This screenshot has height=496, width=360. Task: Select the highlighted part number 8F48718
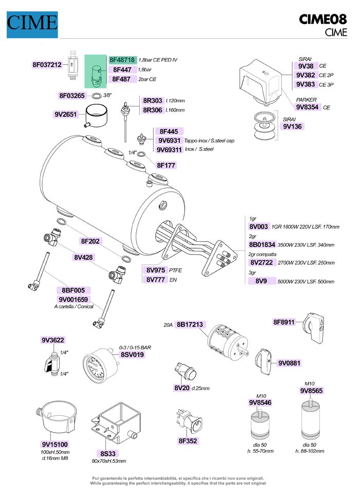122,60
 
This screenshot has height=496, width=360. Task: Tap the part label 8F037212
47,65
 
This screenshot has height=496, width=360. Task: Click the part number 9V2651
65,115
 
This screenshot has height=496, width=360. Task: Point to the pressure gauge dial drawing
97,366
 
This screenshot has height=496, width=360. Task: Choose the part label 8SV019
132,354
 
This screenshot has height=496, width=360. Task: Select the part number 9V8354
308,107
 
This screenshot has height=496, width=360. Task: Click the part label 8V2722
262,262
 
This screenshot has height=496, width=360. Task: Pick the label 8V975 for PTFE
155,270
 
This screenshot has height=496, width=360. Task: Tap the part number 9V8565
311,391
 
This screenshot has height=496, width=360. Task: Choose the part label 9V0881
289,363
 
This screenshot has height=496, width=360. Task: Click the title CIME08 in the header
323,20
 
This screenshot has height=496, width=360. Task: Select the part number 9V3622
53,340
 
